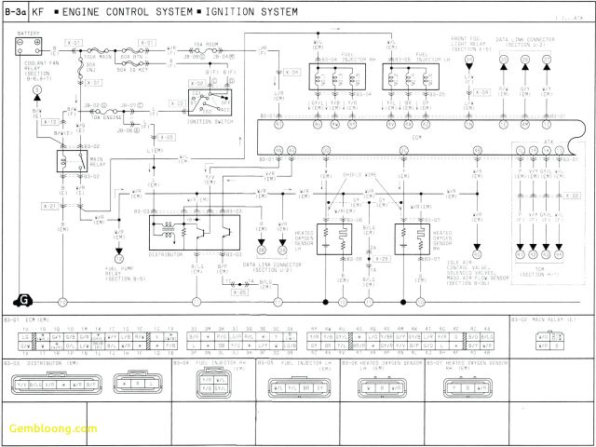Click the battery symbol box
(x=28, y=44)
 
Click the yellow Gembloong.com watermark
(x=51, y=429)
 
